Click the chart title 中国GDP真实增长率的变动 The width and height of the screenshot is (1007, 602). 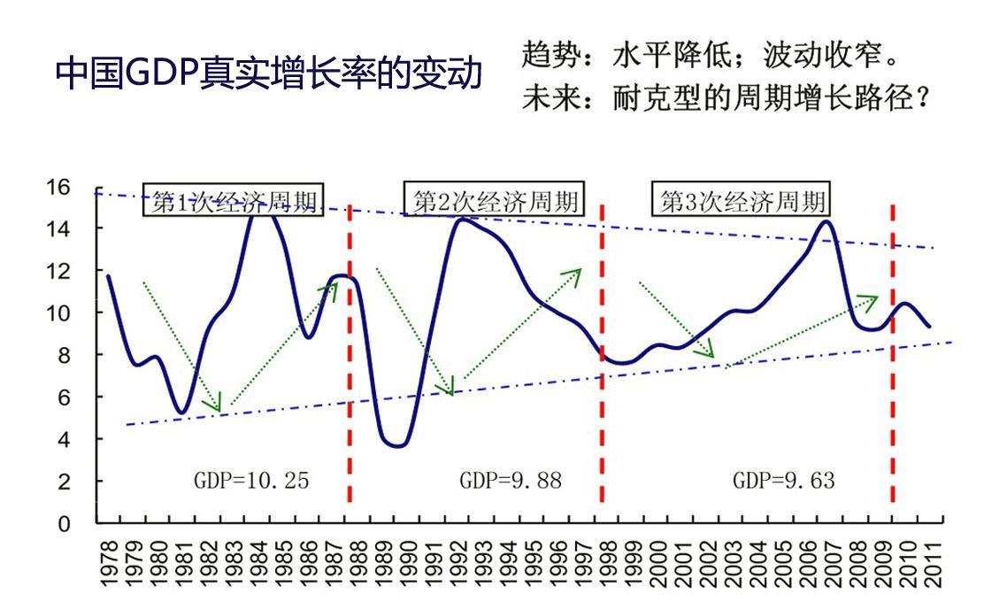(269, 74)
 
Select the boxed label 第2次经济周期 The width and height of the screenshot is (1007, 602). (494, 201)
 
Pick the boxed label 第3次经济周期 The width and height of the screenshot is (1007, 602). (743, 201)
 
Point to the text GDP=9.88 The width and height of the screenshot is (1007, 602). (510, 481)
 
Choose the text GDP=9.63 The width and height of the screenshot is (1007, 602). (783, 481)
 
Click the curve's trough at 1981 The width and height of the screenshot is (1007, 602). (181, 413)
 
